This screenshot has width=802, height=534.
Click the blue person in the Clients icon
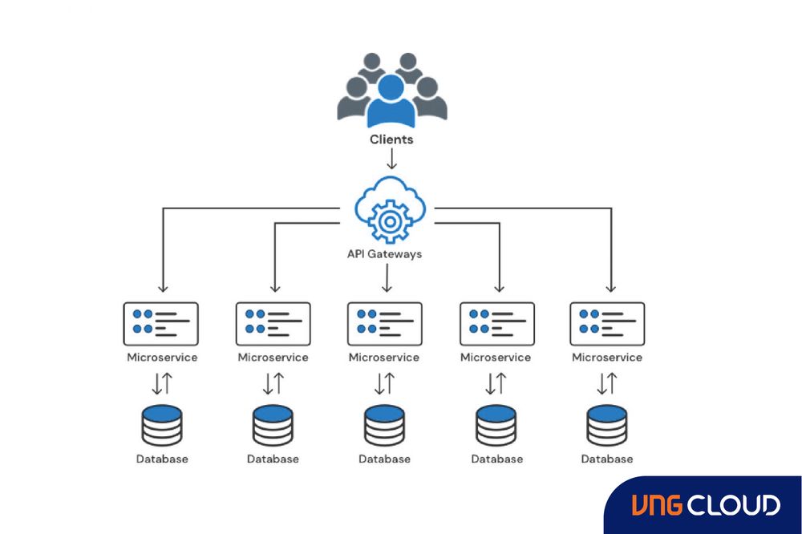(391, 102)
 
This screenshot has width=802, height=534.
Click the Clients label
(391, 140)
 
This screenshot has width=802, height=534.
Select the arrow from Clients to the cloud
(391, 158)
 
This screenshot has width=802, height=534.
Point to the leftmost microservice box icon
(161, 323)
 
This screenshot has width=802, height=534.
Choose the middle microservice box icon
(385, 323)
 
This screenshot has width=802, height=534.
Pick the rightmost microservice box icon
(607, 323)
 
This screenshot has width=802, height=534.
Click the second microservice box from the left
(273, 323)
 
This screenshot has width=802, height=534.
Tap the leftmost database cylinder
(161, 425)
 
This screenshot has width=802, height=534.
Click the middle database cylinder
(385, 425)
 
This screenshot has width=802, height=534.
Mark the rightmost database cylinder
(607, 425)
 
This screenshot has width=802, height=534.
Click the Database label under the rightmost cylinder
(607, 459)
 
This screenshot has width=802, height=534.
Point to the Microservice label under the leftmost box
(161, 358)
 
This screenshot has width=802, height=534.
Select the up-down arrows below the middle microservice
(385, 384)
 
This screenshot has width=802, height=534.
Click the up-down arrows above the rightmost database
(607, 384)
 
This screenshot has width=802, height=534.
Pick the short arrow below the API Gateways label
(387, 279)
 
